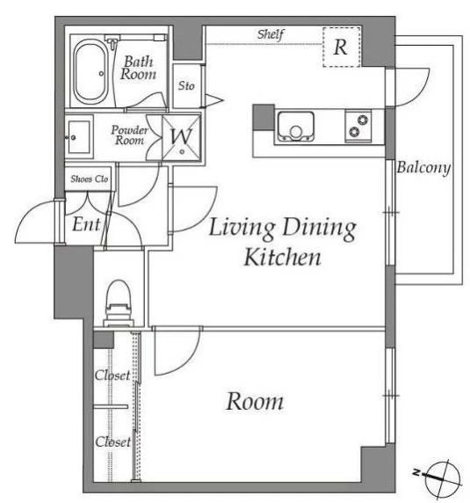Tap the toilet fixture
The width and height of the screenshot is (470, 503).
119,303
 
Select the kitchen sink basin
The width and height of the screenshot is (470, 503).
295,127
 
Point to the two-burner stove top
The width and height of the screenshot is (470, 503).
358,126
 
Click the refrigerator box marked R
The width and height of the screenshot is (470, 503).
342,47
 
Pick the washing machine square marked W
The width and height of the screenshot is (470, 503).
182,137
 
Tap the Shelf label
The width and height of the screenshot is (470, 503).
271,34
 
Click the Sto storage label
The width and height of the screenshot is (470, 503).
186,85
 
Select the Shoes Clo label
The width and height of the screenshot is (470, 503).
89,179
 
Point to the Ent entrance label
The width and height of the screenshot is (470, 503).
86,224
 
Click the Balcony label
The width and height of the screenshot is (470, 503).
423,167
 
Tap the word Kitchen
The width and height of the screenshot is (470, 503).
283,257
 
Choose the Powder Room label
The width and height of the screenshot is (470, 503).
130,135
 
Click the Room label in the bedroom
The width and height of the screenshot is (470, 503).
255,401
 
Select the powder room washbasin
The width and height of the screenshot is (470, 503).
79,137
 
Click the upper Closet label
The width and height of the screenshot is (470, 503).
112,375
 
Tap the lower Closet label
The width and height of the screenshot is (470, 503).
113,441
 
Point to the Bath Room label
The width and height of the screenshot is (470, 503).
138,68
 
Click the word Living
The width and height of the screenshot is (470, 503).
242,228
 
